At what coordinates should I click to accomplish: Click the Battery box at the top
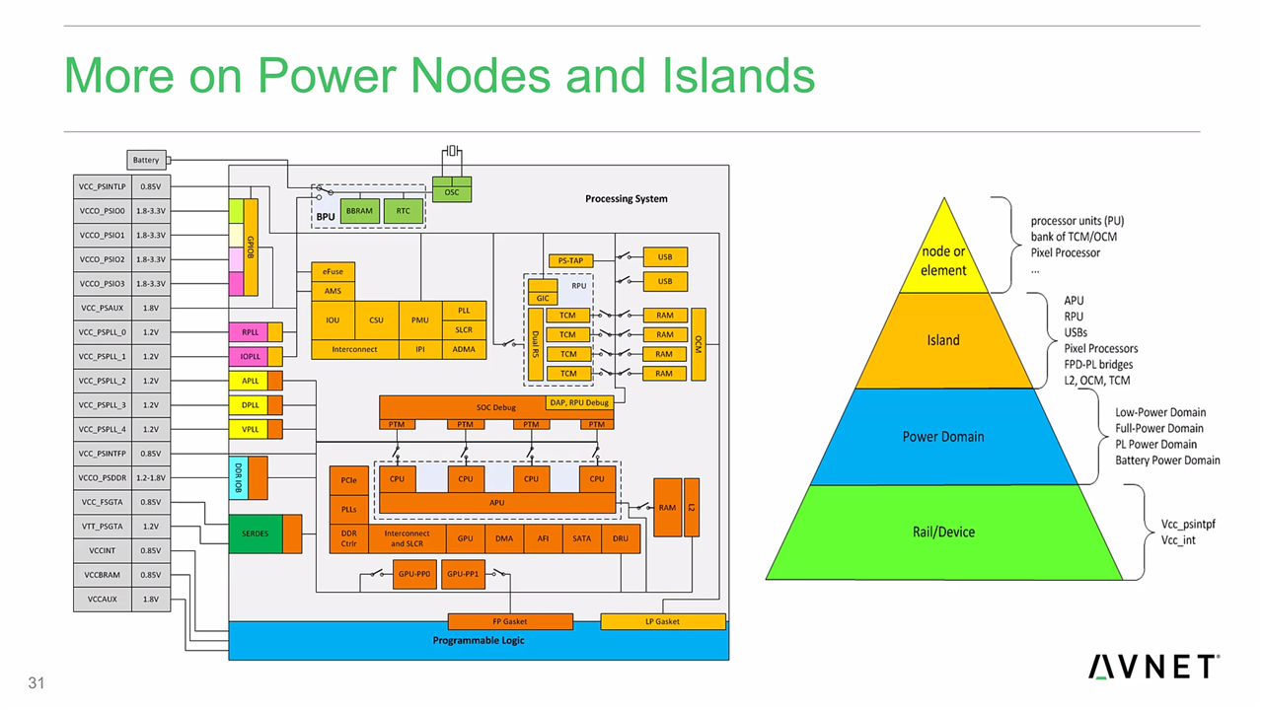[x=146, y=160]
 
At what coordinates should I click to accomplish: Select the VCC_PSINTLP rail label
[x=103, y=186]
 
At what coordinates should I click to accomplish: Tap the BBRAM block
[x=360, y=211]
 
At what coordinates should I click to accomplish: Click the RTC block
[x=404, y=211]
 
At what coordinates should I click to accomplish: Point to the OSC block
[x=452, y=191]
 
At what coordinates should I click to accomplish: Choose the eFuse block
[x=333, y=271]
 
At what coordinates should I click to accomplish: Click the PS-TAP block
[x=570, y=260]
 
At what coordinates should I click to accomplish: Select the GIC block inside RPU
[x=543, y=298]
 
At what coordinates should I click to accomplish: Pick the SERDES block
[x=255, y=533]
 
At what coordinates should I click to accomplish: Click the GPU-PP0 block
[x=414, y=573]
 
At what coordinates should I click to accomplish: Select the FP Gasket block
[x=510, y=621]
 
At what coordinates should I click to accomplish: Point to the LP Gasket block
[x=663, y=621]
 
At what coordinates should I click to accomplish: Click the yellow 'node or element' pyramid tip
[x=943, y=260]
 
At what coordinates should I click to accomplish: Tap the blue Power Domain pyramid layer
[x=943, y=437]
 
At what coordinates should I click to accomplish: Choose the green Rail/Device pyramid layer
[x=943, y=532]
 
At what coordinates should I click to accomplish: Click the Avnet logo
[x=1154, y=667]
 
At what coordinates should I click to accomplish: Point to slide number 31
[x=37, y=683]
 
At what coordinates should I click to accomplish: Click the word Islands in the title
[x=741, y=76]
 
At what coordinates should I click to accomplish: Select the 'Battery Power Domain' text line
[x=1167, y=461]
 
